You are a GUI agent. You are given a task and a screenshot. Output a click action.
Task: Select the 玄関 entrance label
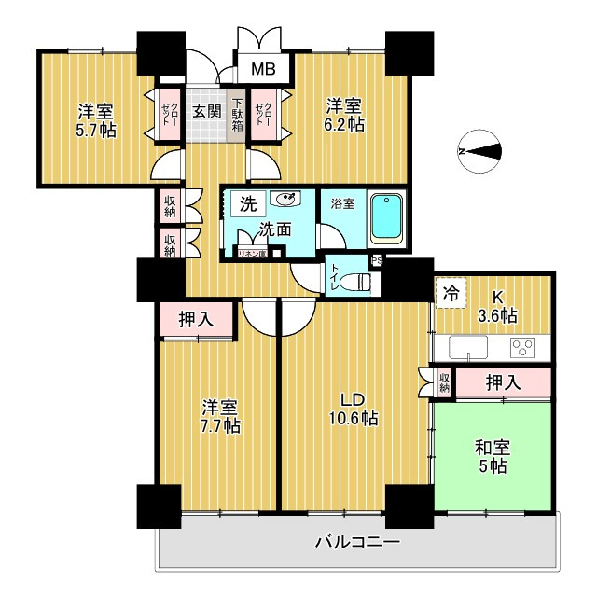coord(207,111)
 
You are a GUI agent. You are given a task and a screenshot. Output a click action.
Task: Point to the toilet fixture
coord(355,284)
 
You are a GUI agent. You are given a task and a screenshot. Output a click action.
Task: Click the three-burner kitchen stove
coord(521,348)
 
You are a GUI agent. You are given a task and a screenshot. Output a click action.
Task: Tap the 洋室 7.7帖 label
coord(221,417)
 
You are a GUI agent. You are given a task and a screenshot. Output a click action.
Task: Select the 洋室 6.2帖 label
coord(344,113)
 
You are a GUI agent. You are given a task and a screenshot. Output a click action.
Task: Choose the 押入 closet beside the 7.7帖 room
coord(197,319)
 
